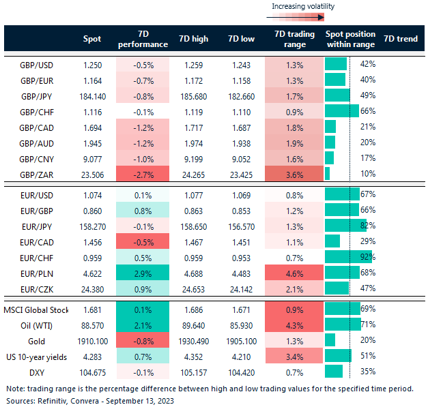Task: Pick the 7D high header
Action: [193, 39]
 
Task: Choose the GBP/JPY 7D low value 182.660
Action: [239, 95]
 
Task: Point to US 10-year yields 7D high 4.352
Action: [193, 355]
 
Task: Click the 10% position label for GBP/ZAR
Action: [367, 173]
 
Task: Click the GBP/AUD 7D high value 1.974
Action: [193, 142]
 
